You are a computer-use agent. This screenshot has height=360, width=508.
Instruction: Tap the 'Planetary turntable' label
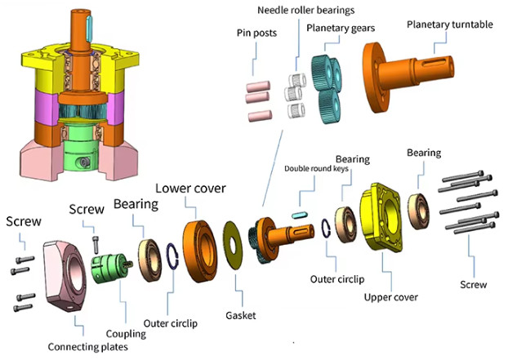pyautogui.click(x=450, y=24)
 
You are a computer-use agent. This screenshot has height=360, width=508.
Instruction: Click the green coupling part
pyautogui.click(x=111, y=271)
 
